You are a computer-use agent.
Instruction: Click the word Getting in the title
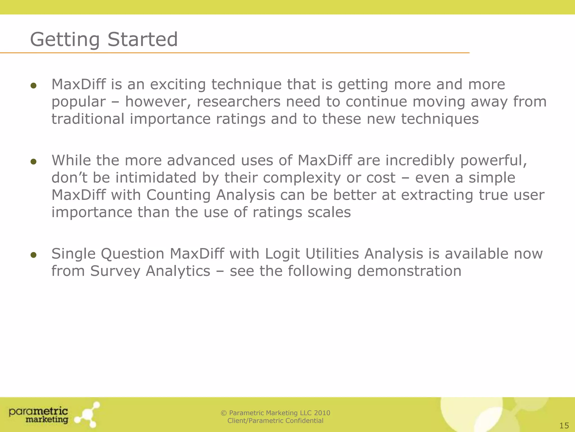65,40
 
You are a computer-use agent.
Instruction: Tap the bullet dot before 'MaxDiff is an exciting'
33,85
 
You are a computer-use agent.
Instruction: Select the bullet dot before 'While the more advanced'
33,161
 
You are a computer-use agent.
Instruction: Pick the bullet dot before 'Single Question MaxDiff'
33,255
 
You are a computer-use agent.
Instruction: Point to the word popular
78,102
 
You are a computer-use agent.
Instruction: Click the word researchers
238,102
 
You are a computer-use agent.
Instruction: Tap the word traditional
88,119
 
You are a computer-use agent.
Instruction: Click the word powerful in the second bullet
493,161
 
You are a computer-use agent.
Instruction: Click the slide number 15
564,426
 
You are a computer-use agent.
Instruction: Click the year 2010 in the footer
322,413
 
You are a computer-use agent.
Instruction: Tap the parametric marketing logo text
39,415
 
